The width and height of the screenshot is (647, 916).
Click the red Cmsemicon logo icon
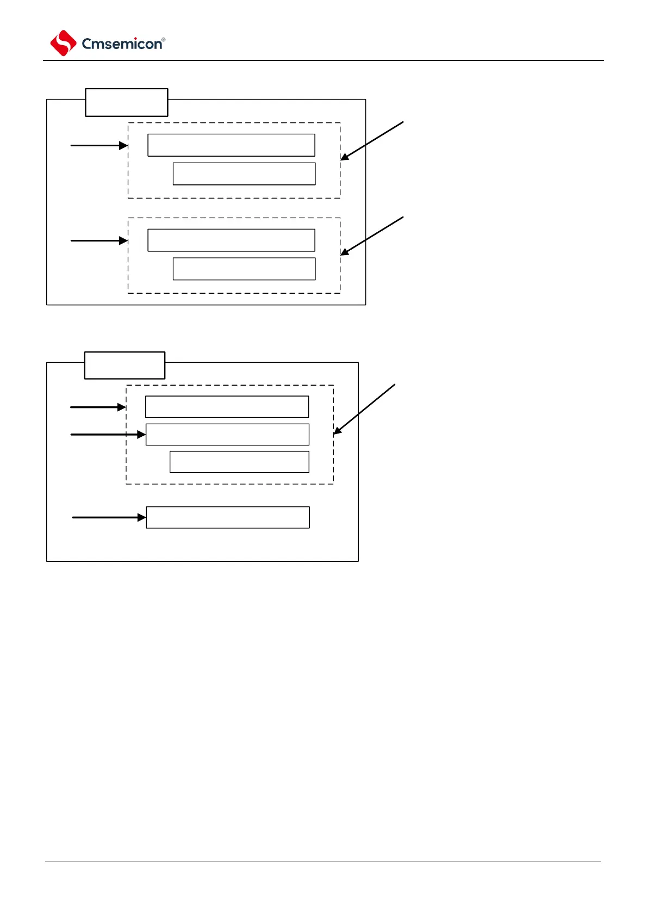63,43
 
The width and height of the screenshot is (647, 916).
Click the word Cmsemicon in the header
122,44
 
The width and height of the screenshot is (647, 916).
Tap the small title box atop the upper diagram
126,102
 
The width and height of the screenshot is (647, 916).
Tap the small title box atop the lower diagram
125,365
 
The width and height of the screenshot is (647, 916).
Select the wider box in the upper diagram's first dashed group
231,145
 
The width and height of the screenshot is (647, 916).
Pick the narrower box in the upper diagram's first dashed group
244,174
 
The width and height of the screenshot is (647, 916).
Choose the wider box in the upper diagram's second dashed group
231,240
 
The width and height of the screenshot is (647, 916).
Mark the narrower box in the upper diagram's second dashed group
244,269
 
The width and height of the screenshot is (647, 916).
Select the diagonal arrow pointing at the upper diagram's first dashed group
372,140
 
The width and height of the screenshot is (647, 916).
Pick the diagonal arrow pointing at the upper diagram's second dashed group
372,236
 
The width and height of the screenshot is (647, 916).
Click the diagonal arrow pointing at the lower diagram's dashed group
364,409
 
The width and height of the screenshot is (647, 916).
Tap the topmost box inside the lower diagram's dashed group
227,407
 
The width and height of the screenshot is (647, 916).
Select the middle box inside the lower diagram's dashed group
227,435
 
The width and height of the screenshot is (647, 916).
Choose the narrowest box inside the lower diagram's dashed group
239,462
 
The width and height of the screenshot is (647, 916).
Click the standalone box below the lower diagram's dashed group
228,517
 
